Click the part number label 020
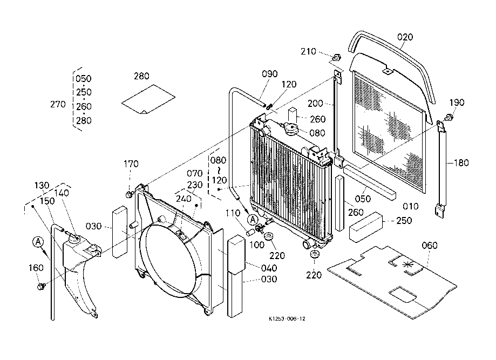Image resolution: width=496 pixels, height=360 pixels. [405, 37]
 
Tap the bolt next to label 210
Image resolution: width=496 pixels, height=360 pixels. [336, 57]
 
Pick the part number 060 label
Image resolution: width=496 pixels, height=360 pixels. [430, 246]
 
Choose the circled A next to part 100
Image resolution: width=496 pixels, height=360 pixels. [252, 219]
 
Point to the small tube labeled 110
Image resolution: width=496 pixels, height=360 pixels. [250, 232]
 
